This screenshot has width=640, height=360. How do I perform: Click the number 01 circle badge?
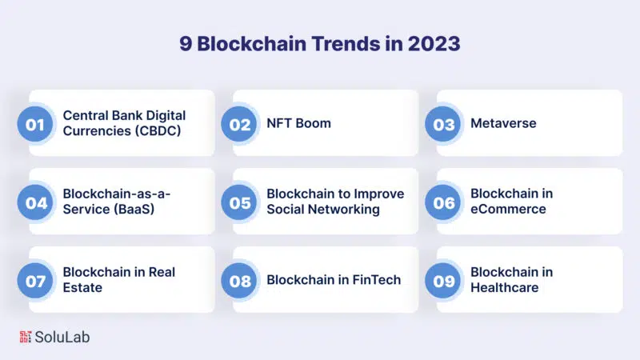coord(35,124)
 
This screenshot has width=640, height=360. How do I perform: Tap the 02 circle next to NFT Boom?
coord(238,124)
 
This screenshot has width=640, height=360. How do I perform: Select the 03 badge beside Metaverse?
coord(443,124)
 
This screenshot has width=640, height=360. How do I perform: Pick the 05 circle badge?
coord(238,202)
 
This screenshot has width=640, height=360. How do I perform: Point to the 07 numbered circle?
coord(35,281)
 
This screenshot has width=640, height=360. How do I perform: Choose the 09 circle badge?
coord(443,281)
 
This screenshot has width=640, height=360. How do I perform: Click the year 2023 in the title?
coord(434,44)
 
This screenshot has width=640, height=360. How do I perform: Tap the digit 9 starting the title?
coord(186,44)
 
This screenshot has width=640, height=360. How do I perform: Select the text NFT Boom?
coord(298,123)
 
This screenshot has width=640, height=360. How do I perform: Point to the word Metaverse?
coord(503,123)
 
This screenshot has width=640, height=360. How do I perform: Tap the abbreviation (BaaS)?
coord(134,210)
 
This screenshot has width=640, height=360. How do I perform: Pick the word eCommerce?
coord(508,210)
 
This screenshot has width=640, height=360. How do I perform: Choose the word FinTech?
coord(376,280)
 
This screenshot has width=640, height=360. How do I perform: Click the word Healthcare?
coord(505,288)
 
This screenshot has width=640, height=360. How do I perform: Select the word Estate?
coord(82,288)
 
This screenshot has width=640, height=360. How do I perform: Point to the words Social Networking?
coord(323,210)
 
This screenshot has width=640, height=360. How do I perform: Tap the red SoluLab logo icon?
coord(26,337)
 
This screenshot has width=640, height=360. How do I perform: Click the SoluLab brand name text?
coord(62,337)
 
